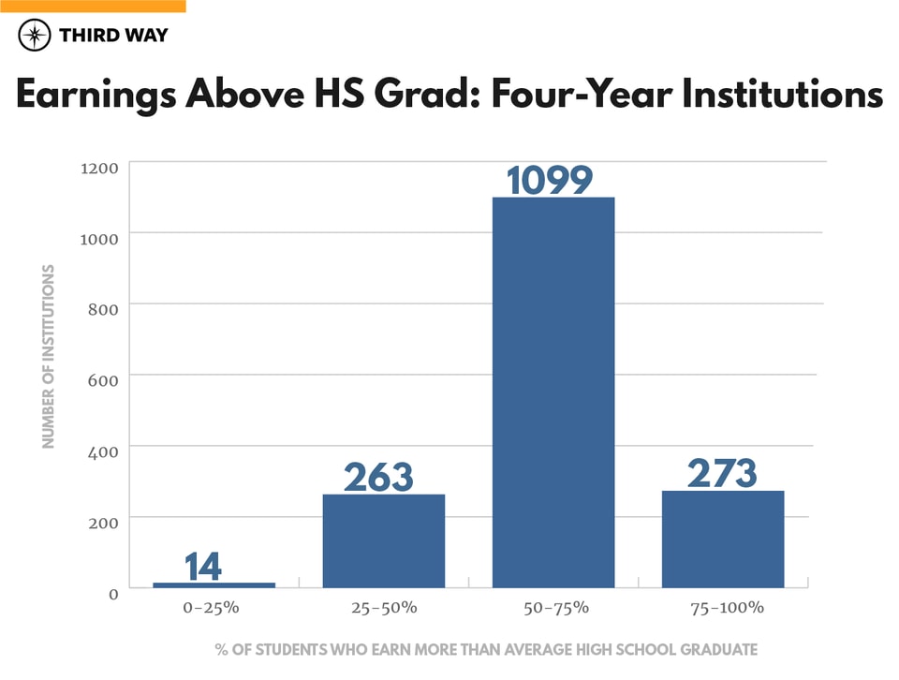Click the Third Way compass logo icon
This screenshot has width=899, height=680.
click(36, 36)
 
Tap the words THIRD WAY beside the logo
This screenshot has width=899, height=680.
click(113, 36)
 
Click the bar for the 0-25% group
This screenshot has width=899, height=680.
click(214, 584)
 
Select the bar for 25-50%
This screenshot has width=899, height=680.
click(383, 540)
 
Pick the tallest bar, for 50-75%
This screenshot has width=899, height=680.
click(553, 393)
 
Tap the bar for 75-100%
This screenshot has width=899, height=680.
click(723, 540)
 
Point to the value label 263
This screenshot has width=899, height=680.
click(378, 478)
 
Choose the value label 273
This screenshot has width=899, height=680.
click(722, 474)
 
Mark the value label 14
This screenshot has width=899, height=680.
click(203, 567)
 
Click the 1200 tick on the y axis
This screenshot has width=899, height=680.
click(98, 168)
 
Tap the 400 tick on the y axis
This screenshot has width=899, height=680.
click(102, 451)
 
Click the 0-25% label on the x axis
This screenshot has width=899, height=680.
click(212, 608)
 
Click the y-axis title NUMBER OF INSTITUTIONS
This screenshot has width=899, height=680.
click(50, 357)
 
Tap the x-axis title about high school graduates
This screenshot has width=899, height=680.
click(485, 649)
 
